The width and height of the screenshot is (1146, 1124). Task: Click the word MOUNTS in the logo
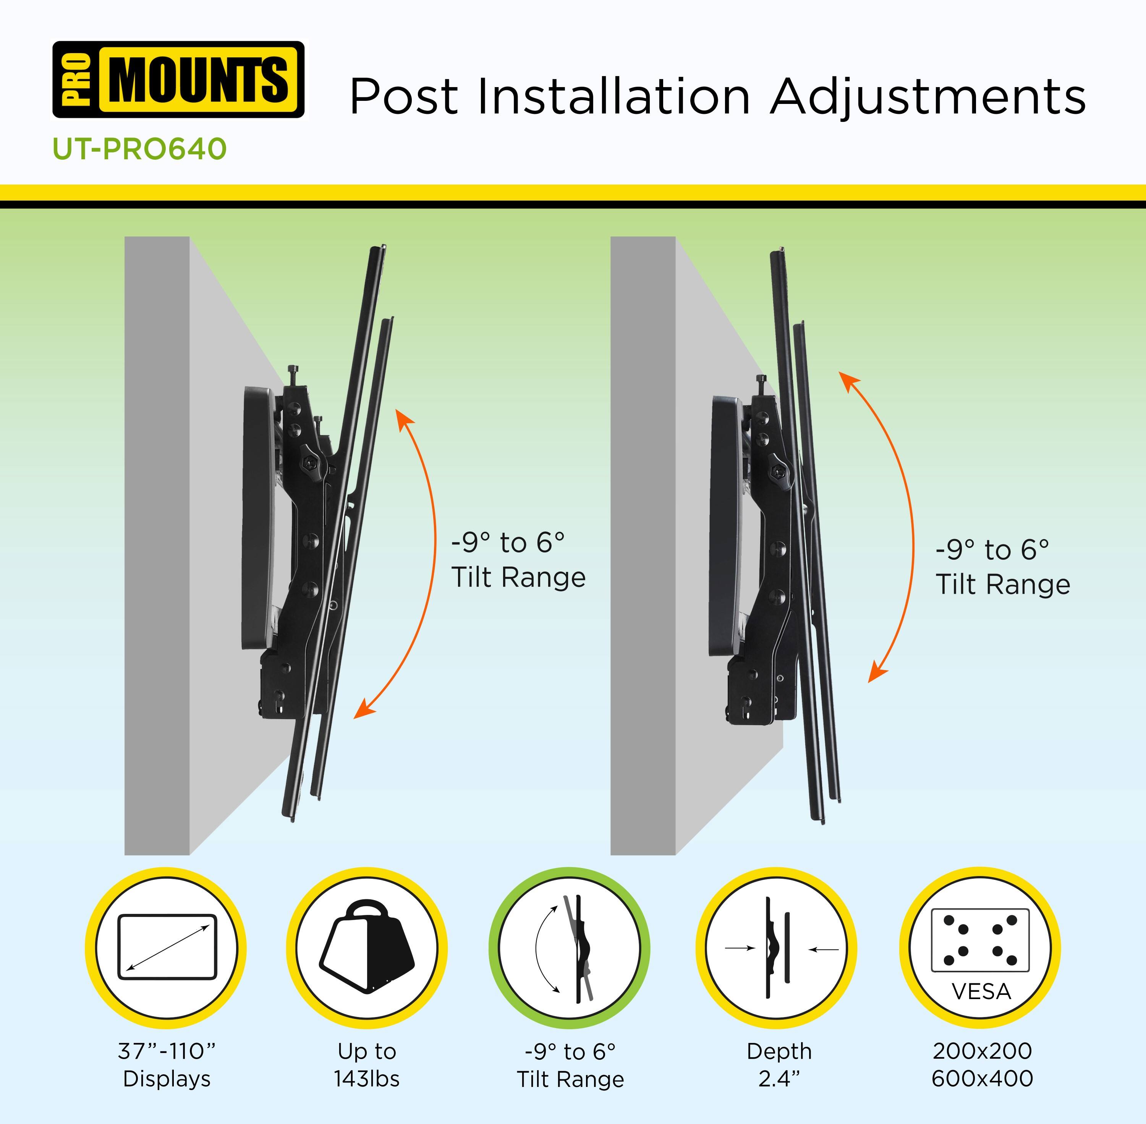(x=199, y=80)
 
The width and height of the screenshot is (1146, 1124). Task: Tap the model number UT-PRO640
(x=139, y=149)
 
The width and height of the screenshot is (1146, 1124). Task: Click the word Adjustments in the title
(x=927, y=96)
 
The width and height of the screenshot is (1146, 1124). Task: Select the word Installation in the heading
(x=614, y=96)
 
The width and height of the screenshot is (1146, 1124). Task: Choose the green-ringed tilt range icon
(x=570, y=948)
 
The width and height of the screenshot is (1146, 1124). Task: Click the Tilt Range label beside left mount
(x=518, y=577)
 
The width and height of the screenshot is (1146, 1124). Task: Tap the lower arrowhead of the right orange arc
(x=876, y=674)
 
